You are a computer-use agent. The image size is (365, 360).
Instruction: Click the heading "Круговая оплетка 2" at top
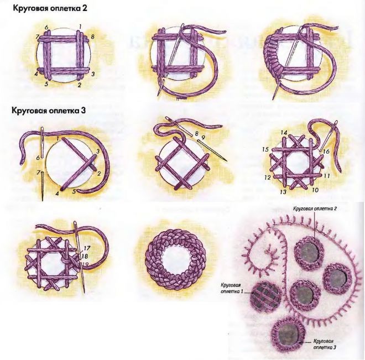(50, 8)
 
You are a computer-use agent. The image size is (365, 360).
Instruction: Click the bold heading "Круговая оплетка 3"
(49, 110)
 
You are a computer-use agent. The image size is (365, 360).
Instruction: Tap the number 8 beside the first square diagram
(92, 36)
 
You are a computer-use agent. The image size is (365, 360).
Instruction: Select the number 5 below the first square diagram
(46, 84)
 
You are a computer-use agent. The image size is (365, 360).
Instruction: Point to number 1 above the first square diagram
(80, 27)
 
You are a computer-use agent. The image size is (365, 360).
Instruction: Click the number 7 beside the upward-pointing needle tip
(38, 173)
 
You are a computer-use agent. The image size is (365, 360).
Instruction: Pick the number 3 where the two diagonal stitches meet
(98, 152)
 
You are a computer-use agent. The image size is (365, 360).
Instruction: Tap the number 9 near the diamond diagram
(203, 138)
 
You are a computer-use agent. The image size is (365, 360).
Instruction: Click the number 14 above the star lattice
(284, 133)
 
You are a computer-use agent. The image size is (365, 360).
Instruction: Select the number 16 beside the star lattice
(326, 152)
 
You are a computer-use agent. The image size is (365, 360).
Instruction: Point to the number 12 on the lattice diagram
(268, 178)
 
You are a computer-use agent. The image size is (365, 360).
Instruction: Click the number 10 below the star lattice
(315, 190)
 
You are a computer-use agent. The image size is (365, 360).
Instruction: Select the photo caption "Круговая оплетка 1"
(231, 288)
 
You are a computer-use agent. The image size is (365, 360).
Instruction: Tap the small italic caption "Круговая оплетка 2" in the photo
(315, 208)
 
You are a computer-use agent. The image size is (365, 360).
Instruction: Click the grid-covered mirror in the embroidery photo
(265, 296)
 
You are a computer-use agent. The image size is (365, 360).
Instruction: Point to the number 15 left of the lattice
(265, 149)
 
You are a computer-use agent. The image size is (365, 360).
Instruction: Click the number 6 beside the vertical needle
(38, 158)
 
